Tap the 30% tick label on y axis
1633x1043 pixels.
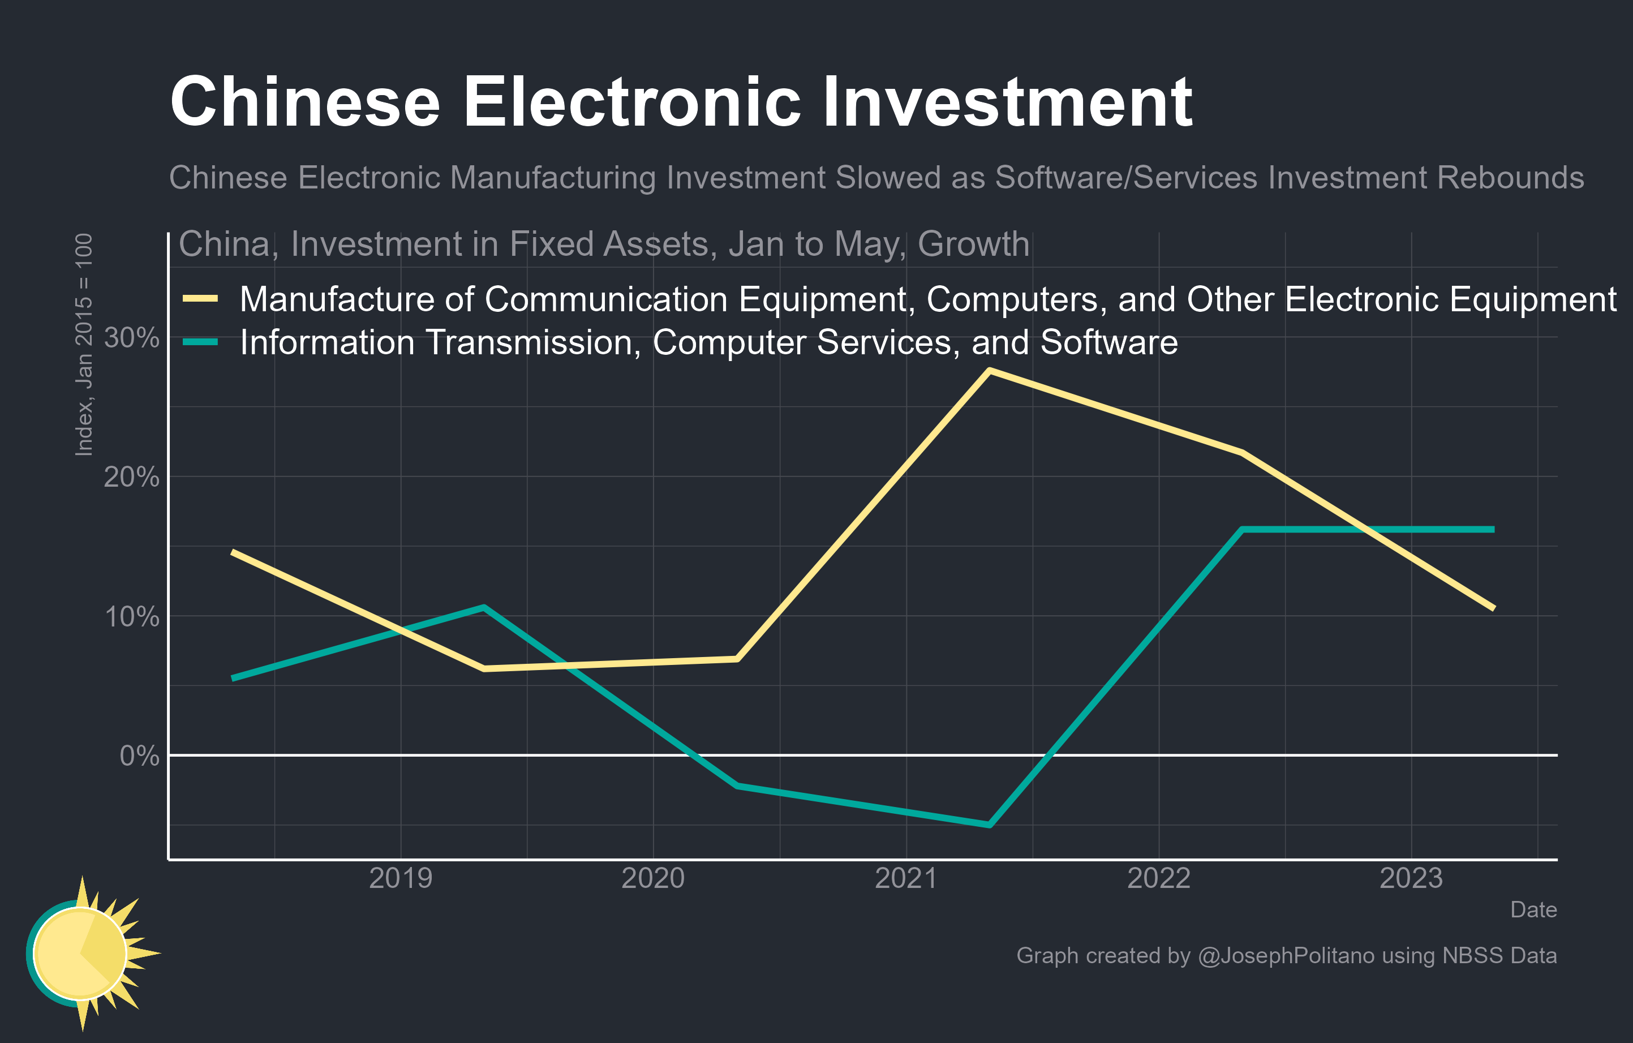(x=132, y=337)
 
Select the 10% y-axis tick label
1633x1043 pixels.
(x=132, y=616)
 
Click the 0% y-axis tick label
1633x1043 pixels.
(x=139, y=756)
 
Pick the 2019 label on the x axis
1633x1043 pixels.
(x=400, y=878)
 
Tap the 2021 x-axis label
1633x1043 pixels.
(x=906, y=878)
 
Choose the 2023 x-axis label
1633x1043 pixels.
(x=1411, y=878)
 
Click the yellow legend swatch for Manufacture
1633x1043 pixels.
(x=200, y=298)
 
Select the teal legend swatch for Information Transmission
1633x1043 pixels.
(x=200, y=342)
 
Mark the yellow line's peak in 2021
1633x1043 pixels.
(x=990, y=370)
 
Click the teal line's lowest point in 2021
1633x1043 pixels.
(x=990, y=825)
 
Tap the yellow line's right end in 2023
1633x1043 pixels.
(x=1493, y=608)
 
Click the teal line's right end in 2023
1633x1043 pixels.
(x=1493, y=529)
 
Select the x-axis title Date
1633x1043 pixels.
(x=1533, y=909)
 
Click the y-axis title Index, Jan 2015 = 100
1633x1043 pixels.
(x=83, y=345)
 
